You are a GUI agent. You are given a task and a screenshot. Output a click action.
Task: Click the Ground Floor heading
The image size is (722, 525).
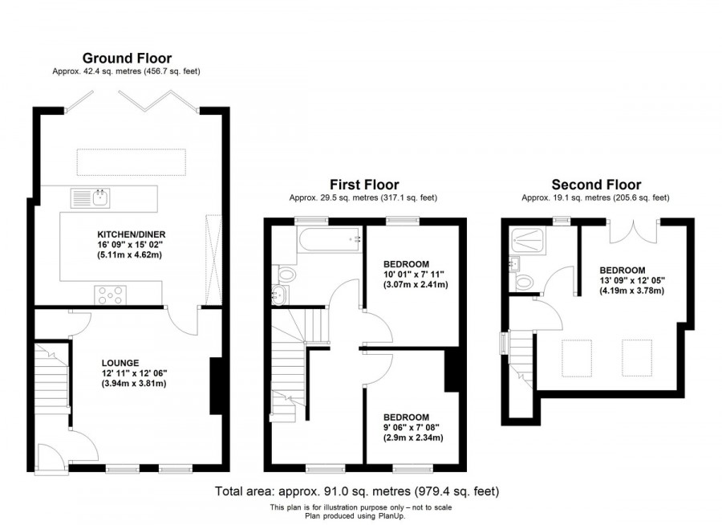127,58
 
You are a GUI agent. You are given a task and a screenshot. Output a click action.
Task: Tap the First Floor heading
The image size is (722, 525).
364,185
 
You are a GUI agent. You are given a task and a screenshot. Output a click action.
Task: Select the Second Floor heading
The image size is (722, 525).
594,184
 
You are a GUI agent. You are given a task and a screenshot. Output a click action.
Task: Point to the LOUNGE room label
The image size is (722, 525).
120,362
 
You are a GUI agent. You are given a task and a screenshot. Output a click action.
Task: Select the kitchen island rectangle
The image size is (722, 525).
132,161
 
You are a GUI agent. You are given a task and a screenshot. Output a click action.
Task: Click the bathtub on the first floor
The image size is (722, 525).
329,238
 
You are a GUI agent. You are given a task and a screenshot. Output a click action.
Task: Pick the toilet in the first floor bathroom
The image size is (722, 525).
285,275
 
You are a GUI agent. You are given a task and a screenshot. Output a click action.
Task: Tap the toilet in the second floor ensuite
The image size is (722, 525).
525,282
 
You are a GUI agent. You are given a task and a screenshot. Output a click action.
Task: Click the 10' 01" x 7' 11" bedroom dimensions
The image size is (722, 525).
416,275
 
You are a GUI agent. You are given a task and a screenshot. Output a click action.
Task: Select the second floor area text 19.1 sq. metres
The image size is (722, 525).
594,197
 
